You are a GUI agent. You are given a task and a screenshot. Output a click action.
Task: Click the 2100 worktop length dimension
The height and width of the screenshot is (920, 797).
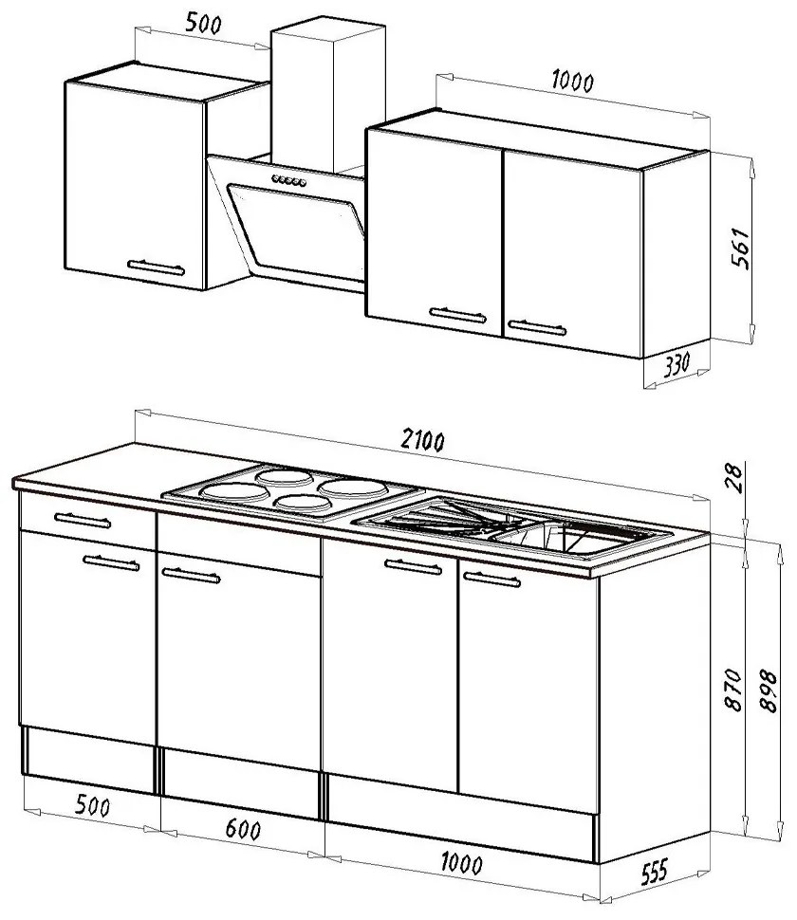(422, 440)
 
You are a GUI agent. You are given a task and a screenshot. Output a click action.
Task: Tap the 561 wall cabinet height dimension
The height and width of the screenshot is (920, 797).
(741, 248)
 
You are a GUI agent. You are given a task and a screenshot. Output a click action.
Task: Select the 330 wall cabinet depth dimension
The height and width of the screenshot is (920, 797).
(677, 364)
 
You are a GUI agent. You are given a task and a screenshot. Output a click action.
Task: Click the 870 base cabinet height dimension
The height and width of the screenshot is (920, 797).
(733, 690)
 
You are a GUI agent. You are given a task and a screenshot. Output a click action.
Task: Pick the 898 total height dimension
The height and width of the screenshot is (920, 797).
(768, 690)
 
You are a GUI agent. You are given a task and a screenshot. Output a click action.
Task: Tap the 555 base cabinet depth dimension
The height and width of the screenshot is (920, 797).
(655, 872)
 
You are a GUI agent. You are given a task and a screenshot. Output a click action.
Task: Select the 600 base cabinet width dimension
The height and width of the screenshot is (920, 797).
(243, 830)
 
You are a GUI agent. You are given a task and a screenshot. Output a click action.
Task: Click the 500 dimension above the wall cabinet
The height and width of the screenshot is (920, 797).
(204, 24)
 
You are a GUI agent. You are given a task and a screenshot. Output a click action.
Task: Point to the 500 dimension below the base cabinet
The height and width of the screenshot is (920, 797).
(93, 805)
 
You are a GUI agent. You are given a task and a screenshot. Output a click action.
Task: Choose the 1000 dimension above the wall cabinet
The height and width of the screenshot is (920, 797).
(573, 81)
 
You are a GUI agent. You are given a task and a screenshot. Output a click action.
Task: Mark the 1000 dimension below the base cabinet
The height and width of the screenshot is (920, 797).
(462, 864)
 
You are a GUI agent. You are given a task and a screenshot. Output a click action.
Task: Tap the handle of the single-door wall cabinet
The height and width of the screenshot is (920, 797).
(157, 268)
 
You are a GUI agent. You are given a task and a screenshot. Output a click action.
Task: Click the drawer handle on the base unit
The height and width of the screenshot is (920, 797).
(83, 521)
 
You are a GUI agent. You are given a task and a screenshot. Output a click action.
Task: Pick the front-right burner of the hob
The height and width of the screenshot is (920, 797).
(304, 503)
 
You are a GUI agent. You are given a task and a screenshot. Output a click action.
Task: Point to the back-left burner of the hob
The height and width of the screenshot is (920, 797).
(285, 477)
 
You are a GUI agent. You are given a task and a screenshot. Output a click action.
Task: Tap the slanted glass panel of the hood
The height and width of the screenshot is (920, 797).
(296, 231)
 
